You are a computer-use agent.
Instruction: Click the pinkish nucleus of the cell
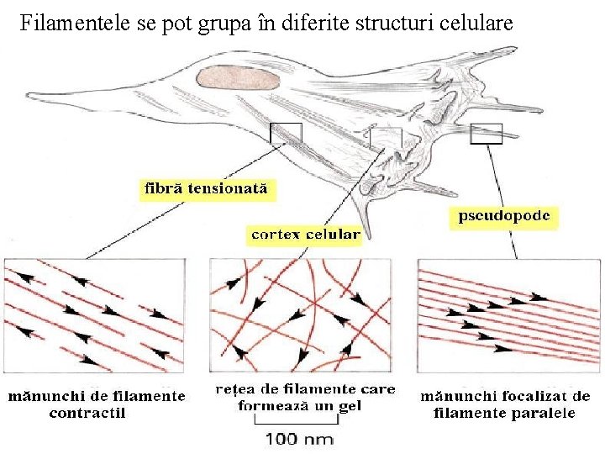tap(239, 78)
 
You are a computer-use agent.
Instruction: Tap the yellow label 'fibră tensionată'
tap(205, 189)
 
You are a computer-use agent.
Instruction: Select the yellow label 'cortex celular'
tap(306, 235)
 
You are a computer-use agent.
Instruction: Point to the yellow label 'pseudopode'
tap(504, 216)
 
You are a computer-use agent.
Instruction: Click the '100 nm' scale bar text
tap(299, 438)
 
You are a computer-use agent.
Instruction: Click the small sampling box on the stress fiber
tap(285, 132)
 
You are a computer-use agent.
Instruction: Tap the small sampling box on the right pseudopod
tap(486, 133)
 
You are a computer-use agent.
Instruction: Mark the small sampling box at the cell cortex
tap(386, 137)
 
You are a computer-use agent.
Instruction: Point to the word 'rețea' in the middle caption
tap(235, 390)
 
